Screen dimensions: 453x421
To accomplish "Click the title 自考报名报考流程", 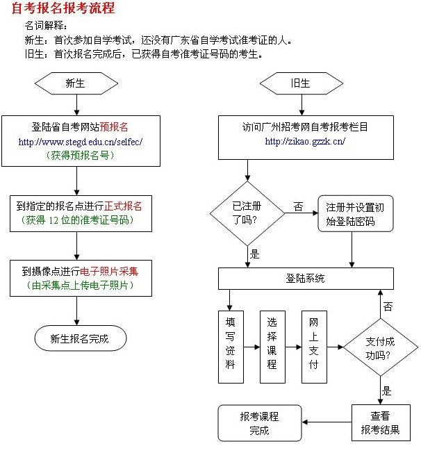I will pos(62,9).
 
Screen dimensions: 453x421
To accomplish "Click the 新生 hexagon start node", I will pos(76,84).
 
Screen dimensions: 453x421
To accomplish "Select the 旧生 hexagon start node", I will pos(300,84).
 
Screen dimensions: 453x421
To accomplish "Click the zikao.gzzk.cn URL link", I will pos(305,142).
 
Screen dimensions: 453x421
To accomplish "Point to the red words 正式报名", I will pos(123,206).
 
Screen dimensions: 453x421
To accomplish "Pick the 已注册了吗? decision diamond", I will pos(247,213).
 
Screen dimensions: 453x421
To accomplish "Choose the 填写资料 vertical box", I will pos(231,345).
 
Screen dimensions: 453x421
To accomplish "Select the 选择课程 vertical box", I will pos(272,345).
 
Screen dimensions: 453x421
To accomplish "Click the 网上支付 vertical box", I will pos(314,345).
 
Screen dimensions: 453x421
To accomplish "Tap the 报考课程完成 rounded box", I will pos(259,423).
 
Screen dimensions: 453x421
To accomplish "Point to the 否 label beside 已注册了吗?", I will pos(298,207).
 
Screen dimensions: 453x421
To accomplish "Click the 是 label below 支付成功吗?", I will pos(387,390).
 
